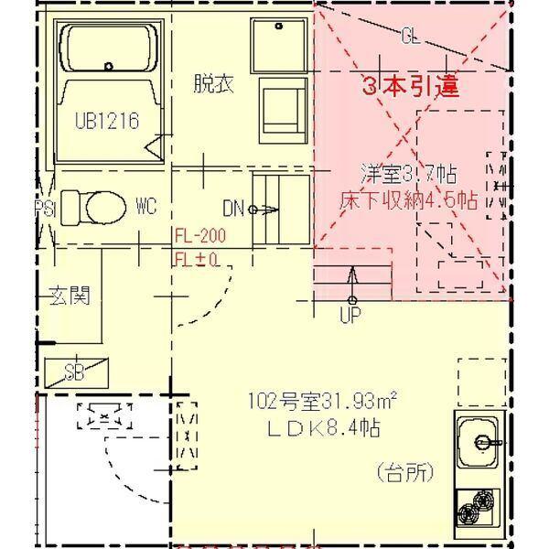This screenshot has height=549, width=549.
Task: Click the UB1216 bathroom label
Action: click(107, 120)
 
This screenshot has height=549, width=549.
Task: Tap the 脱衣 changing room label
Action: click(213, 84)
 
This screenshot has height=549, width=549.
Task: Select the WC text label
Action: click(146, 207)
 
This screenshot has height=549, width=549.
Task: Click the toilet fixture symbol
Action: click(96, 205)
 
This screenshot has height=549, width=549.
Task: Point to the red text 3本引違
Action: click(410, 88)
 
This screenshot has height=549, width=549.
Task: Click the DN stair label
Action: click(233, 209)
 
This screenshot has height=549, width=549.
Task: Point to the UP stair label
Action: click(351, 317)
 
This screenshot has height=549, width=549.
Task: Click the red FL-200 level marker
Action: click(199, 236)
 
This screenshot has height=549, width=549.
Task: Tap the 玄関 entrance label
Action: click(70, 296)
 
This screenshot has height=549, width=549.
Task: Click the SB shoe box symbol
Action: click(76, 371)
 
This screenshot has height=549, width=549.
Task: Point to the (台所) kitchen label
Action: click(404, 473)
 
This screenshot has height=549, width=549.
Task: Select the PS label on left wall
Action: click(45, 209)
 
